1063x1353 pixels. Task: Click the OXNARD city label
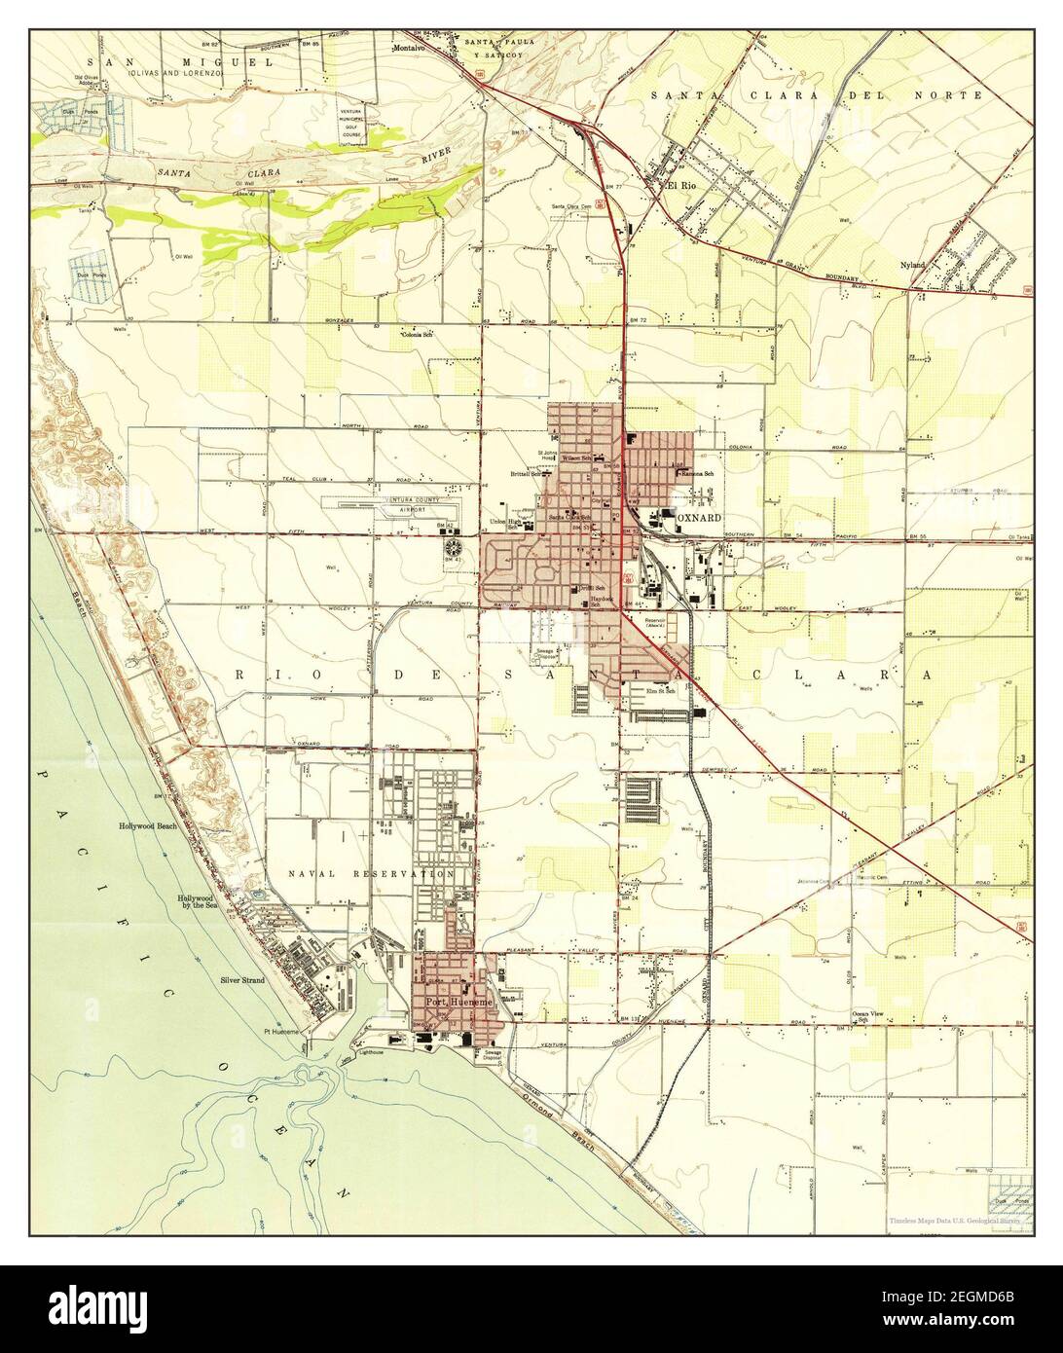pyautogui.click(x=699, y=518)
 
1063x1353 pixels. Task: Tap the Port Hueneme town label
pyautogui.click(x=457, y=1003)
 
